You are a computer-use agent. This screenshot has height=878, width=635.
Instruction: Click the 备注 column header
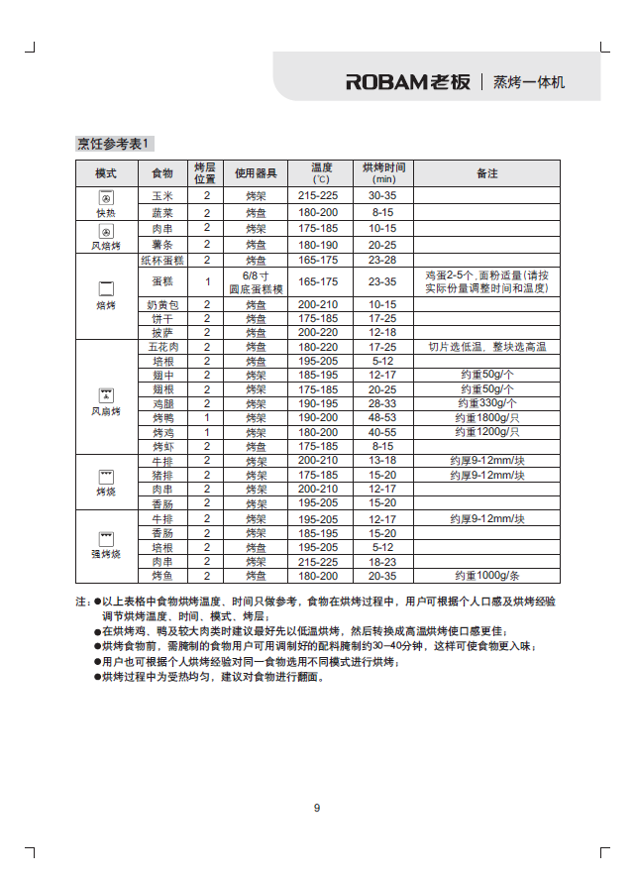(x=486, y=173)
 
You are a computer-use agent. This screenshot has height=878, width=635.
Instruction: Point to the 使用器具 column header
(x=256, y=173)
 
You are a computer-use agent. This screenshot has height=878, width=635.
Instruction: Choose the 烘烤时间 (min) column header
(x=382, y=173)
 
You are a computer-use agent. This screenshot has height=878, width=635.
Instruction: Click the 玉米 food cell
(x=162, y=196)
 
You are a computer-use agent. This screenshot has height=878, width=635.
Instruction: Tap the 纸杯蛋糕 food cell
(x=162, y=260)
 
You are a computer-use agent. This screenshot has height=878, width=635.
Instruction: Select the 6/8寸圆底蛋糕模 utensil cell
(x=256, y=282)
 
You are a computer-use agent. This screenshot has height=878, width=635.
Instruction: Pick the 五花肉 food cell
(x=162, y=348)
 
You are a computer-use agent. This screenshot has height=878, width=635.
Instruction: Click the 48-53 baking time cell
(x=382, y=418)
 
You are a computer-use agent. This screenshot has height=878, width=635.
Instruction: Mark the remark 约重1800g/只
(x=486, y=418)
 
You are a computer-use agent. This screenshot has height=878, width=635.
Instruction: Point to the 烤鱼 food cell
(x=162, y=576)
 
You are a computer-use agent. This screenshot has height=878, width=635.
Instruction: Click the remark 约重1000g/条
(x=486, y=576)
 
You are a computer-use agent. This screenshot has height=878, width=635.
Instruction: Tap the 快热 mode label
(x=106, y=213)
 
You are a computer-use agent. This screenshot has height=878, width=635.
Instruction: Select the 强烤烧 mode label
(x=106, y=553)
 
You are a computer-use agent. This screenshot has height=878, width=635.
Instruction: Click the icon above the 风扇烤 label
(x=106, y=394)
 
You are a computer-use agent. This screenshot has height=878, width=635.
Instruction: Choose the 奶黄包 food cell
(x=162, y=304)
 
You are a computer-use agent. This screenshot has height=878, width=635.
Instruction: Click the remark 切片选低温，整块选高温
(x=486, y=348)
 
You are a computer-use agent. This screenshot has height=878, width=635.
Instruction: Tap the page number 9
(x=317, y=808)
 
